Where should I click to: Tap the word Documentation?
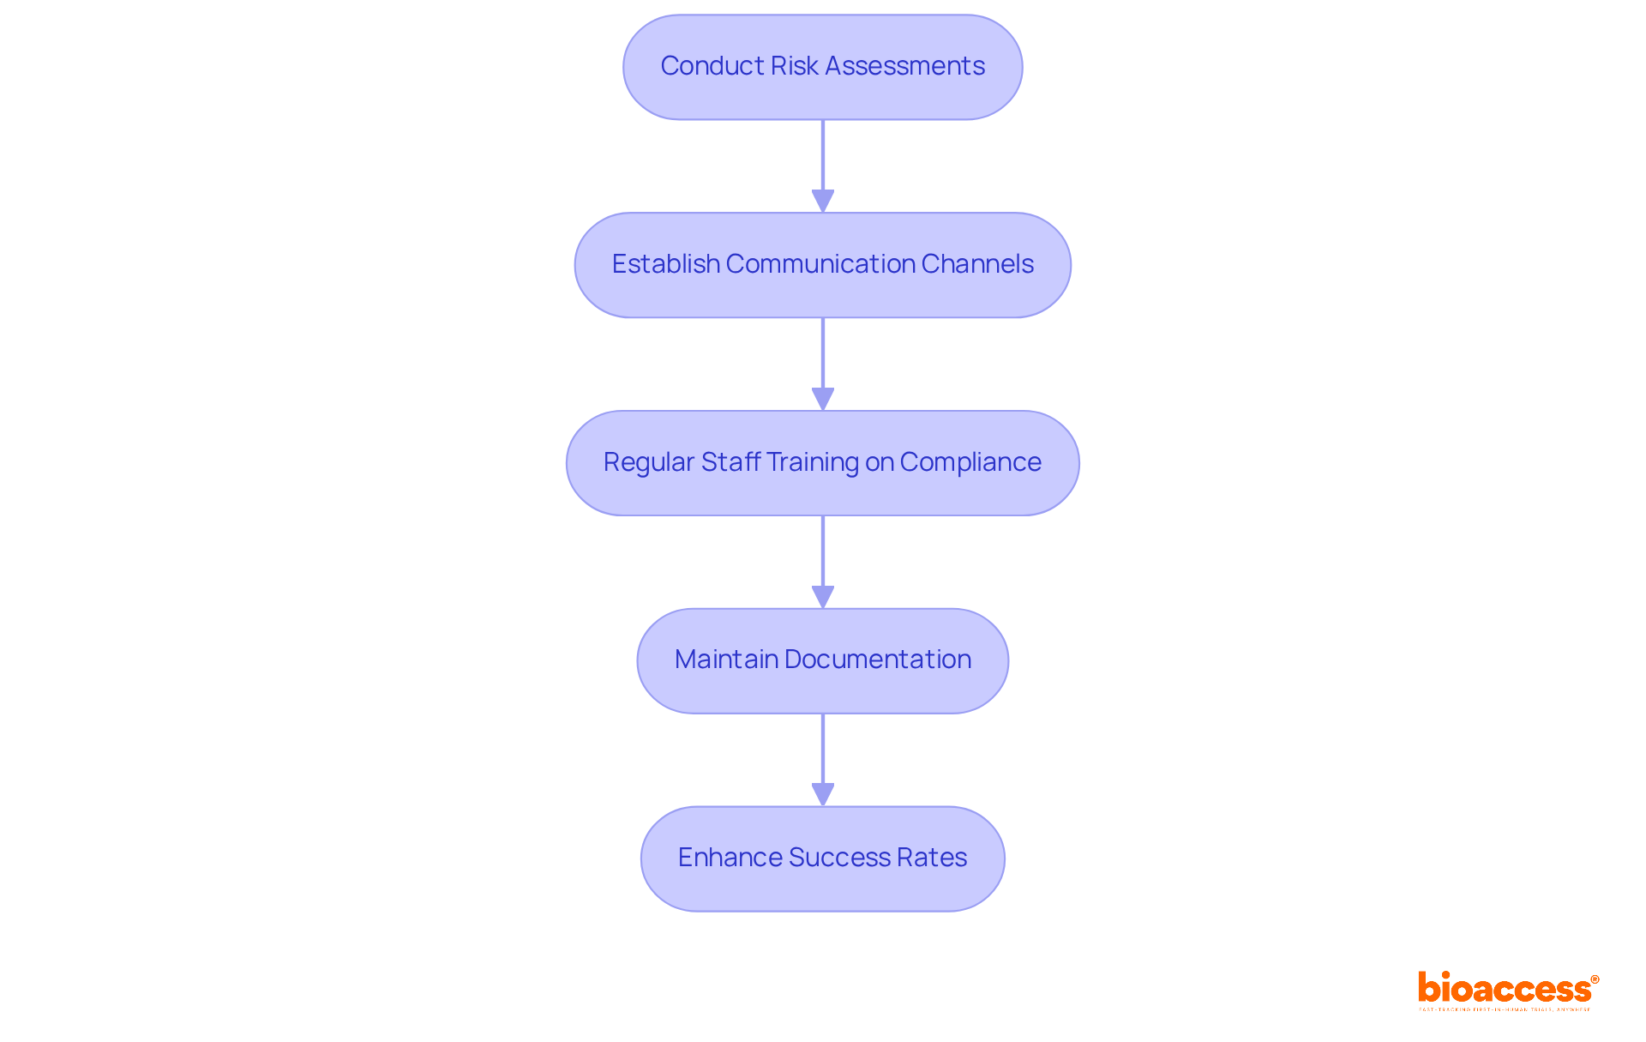pyautogui.click(x=877, y=660)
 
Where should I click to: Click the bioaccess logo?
pyautogui.click(x=1504, y=988)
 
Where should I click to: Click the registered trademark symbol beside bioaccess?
pyautogui.click(x=1595, y=979)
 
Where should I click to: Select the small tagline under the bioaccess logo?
pyautogui.click(x=1505, y=1009)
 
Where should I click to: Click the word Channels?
pyautogui.click(x=977, y=264)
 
